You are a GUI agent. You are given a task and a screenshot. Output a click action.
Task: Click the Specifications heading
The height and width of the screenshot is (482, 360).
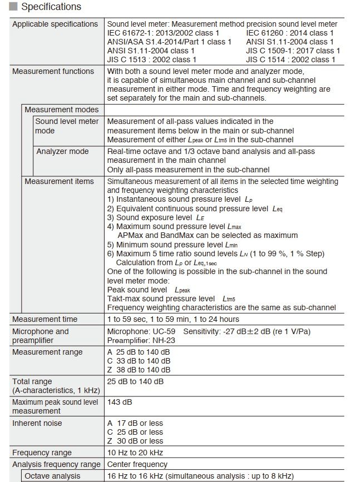click(51, 7)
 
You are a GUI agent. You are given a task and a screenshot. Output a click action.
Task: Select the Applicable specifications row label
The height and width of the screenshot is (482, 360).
click(55, 24)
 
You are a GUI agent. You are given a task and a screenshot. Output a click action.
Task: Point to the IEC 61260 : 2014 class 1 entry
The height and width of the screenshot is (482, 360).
click(290, 33)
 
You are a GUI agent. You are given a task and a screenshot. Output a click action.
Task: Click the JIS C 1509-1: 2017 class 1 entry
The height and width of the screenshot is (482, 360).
click(293, 51)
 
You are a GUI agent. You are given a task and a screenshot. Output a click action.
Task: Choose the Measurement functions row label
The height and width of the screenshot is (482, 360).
click(53, 71)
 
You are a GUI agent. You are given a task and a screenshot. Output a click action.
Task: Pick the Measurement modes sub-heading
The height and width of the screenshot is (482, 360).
click(61, 110)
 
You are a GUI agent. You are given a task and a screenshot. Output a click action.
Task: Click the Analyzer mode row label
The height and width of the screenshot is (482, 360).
click(62, 151)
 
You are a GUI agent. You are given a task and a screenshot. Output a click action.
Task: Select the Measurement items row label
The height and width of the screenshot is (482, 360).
click(59, 181)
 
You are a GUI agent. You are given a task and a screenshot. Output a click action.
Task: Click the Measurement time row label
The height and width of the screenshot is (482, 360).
click(45, 319)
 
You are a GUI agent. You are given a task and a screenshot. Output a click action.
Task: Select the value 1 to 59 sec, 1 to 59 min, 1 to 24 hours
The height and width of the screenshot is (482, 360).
click(173, 319)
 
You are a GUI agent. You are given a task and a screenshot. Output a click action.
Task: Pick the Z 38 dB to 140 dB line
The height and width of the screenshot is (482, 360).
click(139, 370)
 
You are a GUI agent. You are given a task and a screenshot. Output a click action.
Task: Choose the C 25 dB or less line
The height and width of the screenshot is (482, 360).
click(135, 432)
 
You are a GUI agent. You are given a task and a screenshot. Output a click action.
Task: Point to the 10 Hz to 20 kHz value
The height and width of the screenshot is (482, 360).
click(135, 453)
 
